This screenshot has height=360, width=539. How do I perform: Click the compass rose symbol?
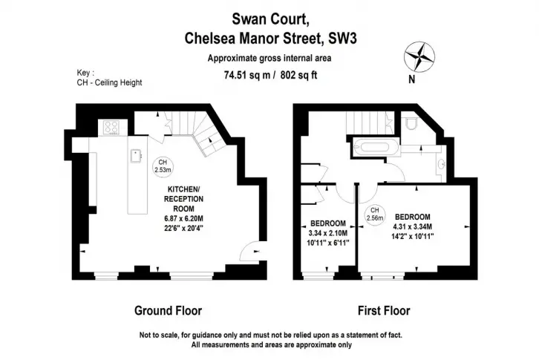coord(419,56)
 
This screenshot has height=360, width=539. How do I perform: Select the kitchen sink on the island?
coord(136,156)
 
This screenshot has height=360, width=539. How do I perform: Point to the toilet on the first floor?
coord(411,122)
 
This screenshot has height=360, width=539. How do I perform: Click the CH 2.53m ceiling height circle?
coord(163,166)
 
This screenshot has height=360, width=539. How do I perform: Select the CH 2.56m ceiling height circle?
coord(375,215)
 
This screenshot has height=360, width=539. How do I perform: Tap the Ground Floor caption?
coord(168,311)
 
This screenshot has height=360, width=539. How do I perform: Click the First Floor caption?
coord(384,311)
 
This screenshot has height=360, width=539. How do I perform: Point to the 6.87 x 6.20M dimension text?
coord(183,218)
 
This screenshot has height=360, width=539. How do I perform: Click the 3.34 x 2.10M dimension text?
coord(328,233)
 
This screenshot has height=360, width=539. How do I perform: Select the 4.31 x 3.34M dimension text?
coord(413,226)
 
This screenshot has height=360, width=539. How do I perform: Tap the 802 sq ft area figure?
coord(298,75)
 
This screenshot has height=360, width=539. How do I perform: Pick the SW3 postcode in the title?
coord(343,38)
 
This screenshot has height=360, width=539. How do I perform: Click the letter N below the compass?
coord(412,79)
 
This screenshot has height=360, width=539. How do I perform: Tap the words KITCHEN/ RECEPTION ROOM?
coord(183,199)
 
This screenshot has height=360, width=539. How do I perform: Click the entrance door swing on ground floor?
coord(249,252)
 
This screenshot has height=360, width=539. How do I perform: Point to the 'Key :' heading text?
coord(85,73)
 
